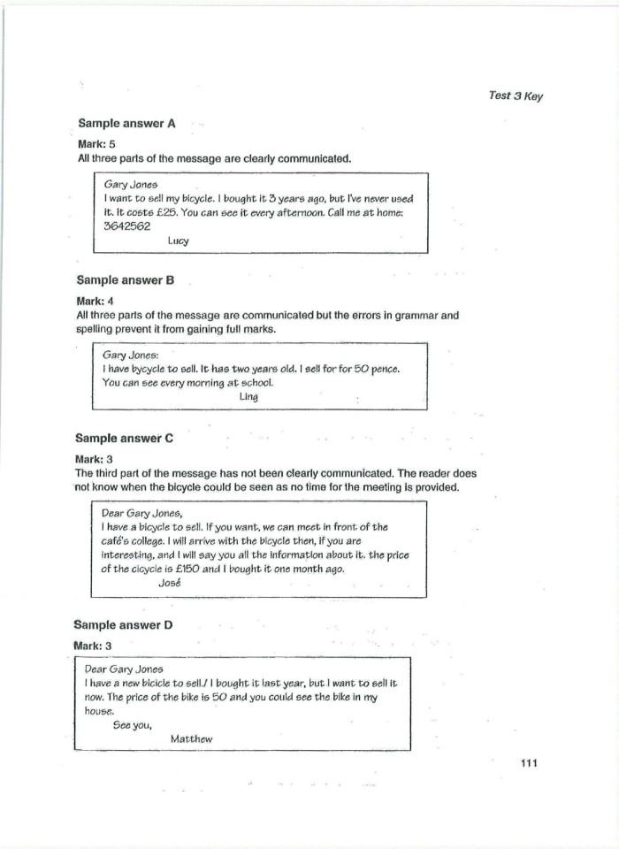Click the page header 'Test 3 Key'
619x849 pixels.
pos(515,96)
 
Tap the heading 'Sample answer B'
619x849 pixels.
pos(125,280)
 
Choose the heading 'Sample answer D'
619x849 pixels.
pos(123,625)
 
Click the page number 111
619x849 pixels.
pos(529,763)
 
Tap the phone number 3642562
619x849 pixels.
pos(126,226)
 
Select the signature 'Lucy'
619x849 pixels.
pos(178,241)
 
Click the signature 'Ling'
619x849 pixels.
pos(248,397)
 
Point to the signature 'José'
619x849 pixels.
pos(169,583)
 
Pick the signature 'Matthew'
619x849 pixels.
pos(191,738)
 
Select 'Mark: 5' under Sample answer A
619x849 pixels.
pos(97,143)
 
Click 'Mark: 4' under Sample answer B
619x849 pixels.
pos(96,301)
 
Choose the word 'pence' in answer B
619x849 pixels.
pos(383,369)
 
